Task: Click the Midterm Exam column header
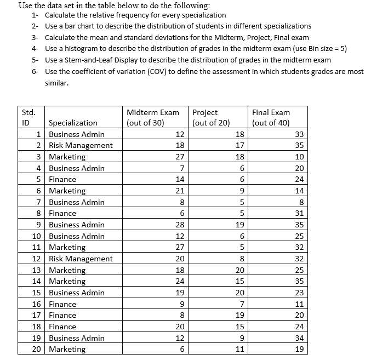[x=152, y=117]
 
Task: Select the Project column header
[x=211, y=117]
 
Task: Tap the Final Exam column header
[x=271, y=117]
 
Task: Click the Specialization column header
[x=73, y=123]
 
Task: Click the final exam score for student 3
[x=298, y=157]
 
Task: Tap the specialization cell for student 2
[x=81, y=145]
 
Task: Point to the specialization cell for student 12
[x=81, y=259]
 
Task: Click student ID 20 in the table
[x=37, y=350]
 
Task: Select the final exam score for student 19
[x=298, y=338]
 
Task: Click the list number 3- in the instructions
[x=35, y=37]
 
